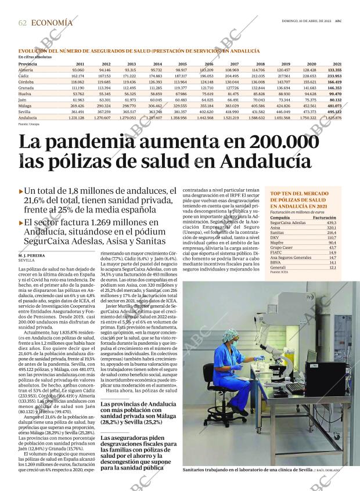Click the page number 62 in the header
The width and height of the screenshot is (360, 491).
tap(23, 23)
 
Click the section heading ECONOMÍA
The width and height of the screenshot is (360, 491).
tap(52, 23)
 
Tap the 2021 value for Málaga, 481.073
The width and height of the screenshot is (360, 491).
tap(334, 106)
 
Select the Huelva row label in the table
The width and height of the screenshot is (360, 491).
tap(26, 93)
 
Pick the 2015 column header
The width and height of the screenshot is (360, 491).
tap(182, 63)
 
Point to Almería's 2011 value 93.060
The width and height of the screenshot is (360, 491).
tap(77, 70)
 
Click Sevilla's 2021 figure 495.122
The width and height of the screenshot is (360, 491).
tap(334, 112)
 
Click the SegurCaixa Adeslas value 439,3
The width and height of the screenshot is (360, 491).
tap(332, 223)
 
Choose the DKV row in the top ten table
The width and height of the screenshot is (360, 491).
tap(275, 237)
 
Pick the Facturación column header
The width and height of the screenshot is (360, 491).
tap(325, 218)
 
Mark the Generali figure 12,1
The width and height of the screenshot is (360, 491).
tap(333, 268)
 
